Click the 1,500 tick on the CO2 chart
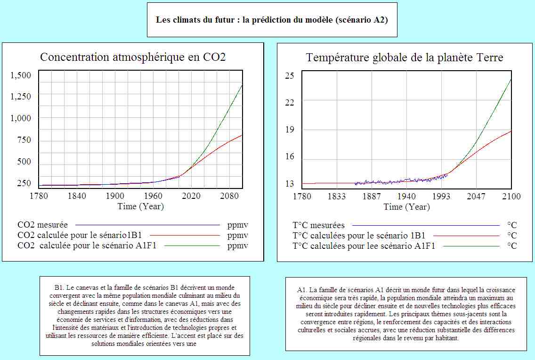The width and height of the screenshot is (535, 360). (x=21, y=76)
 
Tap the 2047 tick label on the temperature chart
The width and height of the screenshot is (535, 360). (x=476, y=196)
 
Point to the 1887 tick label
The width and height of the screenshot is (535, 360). (x=372, y=196)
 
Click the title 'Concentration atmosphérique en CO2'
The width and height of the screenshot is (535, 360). (x=133, y=57)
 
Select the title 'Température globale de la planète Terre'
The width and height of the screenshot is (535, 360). (x=405, y=57)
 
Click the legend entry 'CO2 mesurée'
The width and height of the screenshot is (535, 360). (x=42, y=225)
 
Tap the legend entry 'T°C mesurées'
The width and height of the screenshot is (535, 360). (x=318, y=225)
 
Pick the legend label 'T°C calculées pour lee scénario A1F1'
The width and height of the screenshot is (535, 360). (x=364, y=245)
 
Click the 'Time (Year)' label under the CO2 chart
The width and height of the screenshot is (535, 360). (x=141, y=206)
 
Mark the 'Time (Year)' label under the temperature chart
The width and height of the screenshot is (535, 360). (x=406, y=207)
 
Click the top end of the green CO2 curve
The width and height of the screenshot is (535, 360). (x=242, y=85)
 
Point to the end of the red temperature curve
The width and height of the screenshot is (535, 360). (x=511, y=131)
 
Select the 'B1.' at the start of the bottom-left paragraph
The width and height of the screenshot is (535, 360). (x=59, y=287)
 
